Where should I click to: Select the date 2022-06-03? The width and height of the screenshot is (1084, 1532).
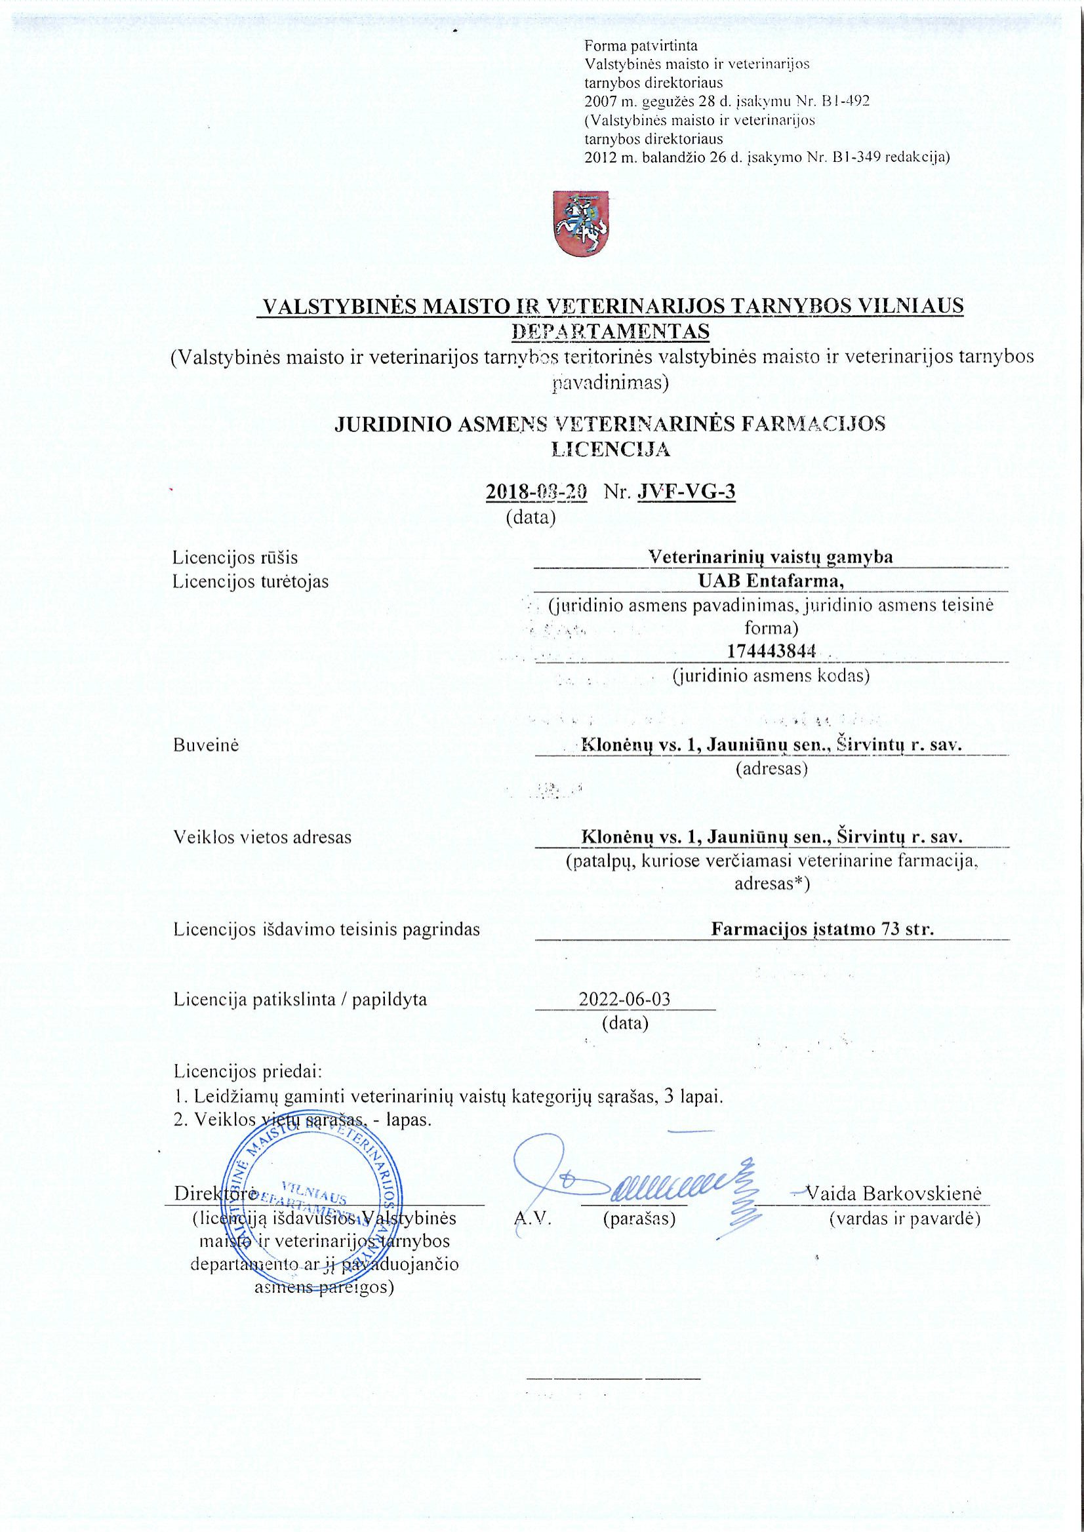tap(625, 999)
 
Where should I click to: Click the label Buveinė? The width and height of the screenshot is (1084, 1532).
tap(206, 745)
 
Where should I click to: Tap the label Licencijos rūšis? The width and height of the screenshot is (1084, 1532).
tap(235, 557)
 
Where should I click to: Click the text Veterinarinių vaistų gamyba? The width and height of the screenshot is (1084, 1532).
tap(771, 557)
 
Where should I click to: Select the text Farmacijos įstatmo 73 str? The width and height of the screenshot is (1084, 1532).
tap(822, 929)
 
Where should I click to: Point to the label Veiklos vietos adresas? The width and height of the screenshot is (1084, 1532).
tap(262, 836)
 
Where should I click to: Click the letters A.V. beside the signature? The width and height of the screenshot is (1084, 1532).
tap(532, 1219)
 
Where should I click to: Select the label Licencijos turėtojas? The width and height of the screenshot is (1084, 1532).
tap(251, 581)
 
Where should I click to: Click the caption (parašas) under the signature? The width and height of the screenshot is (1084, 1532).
tap(639, 1219)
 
